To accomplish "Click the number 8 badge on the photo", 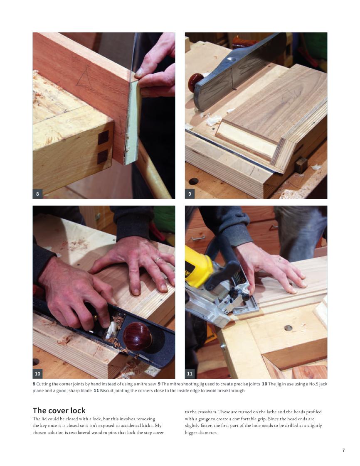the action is pos(37,194).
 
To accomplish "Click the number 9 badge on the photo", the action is pos(190,194).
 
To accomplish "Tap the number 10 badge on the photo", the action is pos(37,373).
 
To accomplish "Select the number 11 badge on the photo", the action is pos(190,373).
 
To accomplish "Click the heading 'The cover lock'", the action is pos(59,410).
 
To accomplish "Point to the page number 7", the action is pos(344,450).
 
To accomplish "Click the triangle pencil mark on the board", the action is pos(85,77).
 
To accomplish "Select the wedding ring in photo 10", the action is pos(157,260).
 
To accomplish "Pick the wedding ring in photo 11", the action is pos(279,260).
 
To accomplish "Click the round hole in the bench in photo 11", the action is pos(288,328).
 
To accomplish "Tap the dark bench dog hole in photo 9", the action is pos(194,181).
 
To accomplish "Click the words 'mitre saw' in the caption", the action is pos(147,384).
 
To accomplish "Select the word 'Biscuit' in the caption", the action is pos(106,390).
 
